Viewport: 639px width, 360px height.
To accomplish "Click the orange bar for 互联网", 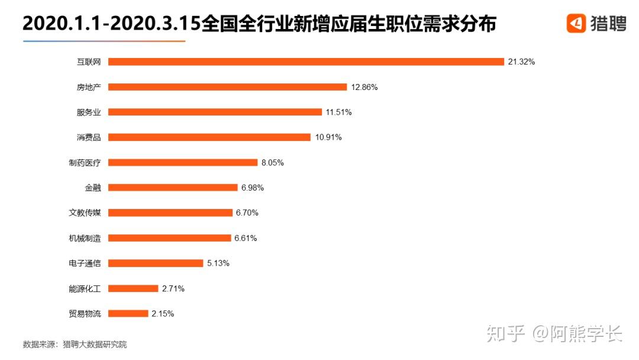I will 306,62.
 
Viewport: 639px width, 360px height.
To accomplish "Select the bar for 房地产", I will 227,87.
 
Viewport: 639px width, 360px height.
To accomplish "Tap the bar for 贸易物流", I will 128,314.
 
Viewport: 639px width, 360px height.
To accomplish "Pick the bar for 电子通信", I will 156,263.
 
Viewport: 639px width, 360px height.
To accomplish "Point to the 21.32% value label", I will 521,62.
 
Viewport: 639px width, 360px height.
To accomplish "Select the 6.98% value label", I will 252,188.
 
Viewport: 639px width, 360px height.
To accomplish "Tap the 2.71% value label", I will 173,289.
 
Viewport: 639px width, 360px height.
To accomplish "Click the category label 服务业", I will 89,112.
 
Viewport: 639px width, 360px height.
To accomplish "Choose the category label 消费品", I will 89,137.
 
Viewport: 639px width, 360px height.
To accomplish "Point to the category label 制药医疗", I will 85,163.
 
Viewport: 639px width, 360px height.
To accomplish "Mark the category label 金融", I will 93,188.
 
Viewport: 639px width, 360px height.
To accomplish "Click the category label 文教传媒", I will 85,213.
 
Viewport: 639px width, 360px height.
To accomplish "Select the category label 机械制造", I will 85,238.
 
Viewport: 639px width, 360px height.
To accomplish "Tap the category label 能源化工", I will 85,289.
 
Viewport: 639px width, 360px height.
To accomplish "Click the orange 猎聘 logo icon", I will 576,23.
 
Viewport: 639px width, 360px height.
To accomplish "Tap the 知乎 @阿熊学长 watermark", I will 554,334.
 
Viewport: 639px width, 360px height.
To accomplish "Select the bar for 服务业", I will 215,112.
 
